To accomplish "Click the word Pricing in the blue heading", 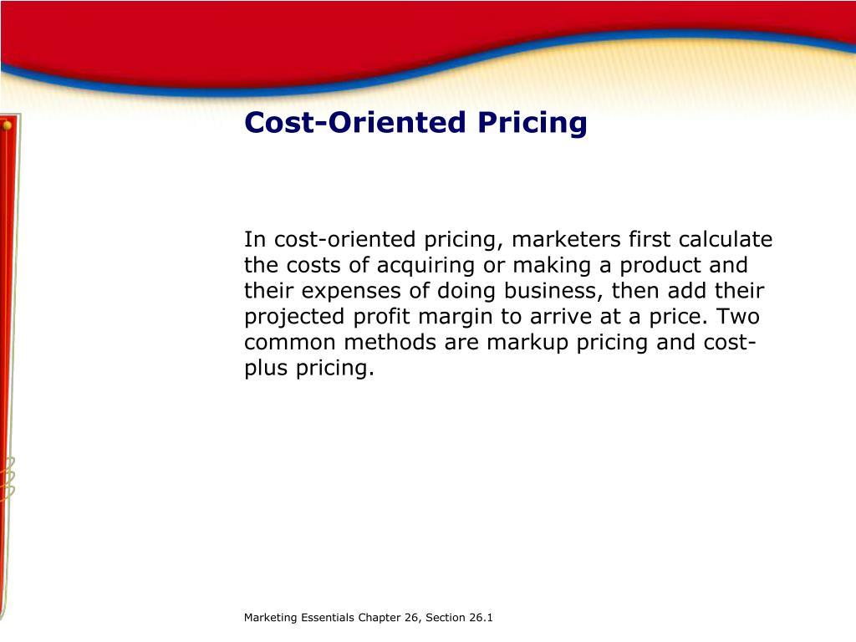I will coord(532,124).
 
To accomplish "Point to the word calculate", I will coord(726,241).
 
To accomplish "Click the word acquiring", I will coord(426,267).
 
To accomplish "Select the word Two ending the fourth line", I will coord(738,317).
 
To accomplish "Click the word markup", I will coord(528,343).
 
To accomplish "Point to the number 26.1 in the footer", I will coord(481,618).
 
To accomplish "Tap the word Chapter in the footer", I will coord(380,618).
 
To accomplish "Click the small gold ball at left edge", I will coord(7,125).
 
